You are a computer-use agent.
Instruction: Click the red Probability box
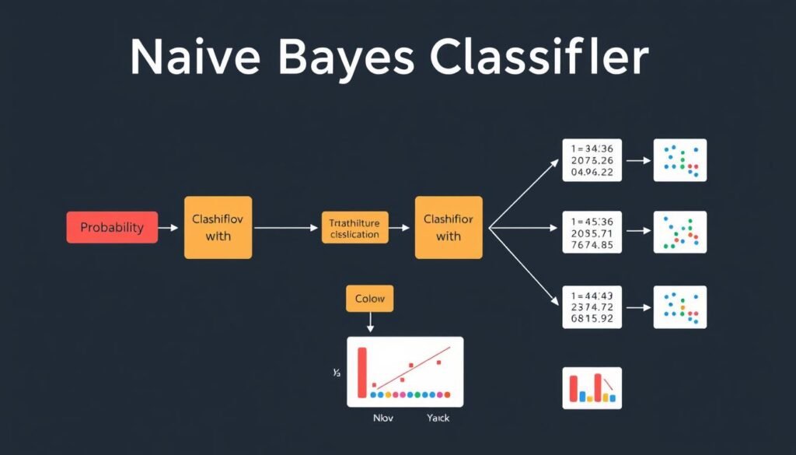(x=112, y=227)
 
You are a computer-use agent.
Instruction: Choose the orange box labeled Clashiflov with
(x=218, y=227)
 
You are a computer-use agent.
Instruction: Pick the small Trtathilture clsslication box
(x=354, y=228)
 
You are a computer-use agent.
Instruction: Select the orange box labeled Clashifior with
(x=448, y=227)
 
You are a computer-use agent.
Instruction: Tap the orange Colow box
(x=369, y=299)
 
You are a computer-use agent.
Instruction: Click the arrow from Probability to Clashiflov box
(x=169, y=228)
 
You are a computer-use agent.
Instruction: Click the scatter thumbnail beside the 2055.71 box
(x=680, y=232)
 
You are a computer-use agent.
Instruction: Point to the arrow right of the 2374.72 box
(x=638, y=307)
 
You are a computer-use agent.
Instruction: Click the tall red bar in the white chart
(x=361, y=373)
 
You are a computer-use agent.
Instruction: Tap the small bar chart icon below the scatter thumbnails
(x=592, y=387)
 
